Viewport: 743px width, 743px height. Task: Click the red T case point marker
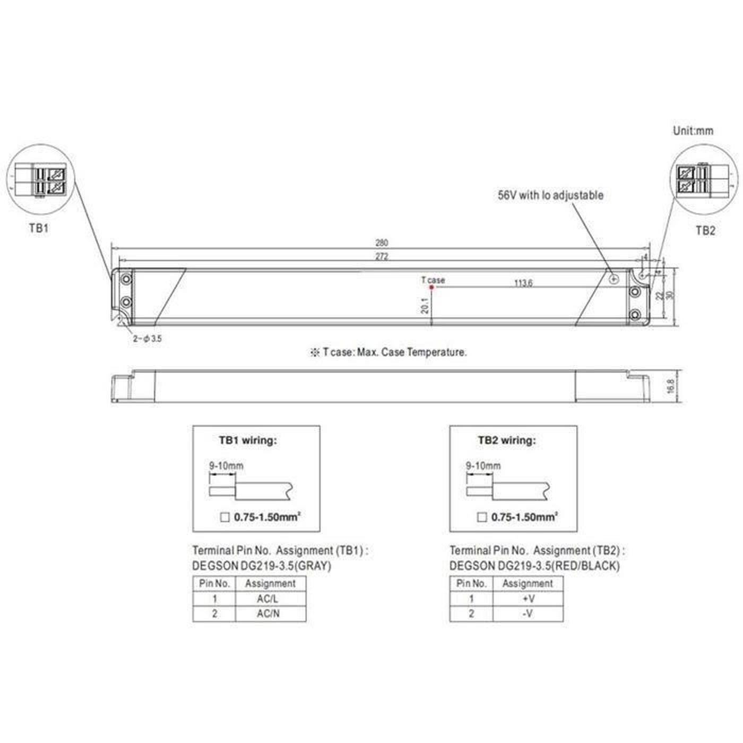(x=431, y=287)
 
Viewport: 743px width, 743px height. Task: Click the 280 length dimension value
(x=382, y=243)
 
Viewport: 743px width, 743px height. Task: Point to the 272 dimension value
(x=382, y=256)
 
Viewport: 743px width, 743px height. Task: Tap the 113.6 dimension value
(x=523, y=283)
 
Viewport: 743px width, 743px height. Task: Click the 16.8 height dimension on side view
(x=671, y=386)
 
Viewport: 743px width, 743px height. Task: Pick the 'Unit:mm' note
(x=693, y=131)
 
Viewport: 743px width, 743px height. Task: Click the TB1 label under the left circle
(x=39, y=229)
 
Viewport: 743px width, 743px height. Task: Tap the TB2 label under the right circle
(x=705, y=230)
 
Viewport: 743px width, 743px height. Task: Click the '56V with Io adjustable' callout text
(x=550, y=195)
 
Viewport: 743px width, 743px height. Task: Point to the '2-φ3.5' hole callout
(x=147, y=338)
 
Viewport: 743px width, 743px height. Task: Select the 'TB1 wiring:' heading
(x=248, y=440)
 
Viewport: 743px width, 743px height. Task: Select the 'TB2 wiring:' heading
(x=507, y=440)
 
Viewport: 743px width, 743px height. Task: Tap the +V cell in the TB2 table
(x=528, y=599)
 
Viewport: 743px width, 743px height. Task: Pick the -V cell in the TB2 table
(x=528, y=614)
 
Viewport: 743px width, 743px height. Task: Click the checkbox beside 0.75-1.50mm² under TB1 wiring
(x=225, y=517)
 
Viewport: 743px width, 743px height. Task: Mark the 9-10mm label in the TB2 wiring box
(x=483, y=465)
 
